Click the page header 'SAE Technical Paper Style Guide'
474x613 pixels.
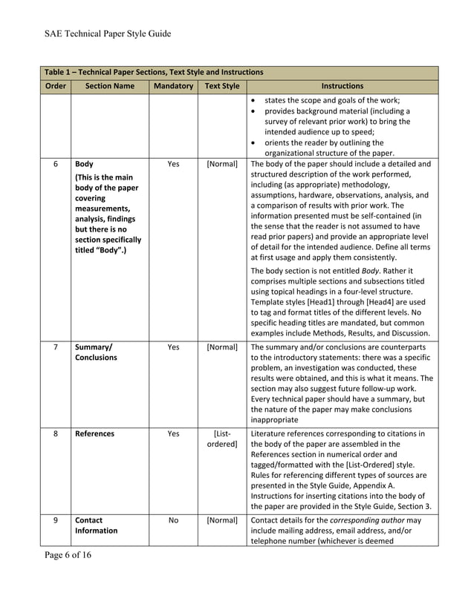(x=108, y=33)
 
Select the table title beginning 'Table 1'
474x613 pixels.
(x=154, y=73)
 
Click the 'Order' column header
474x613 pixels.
(x=55, y=86)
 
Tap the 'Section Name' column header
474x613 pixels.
(x=109, y=86)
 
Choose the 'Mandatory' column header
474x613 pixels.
(x=173, y=86)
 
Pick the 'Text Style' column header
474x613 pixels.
(x=222, y=86)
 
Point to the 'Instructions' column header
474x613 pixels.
(x=342, y=86)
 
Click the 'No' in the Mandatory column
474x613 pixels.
(x=173, y=520)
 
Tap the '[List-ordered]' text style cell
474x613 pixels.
(x=222, y=439)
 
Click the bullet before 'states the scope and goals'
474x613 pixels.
(x=255, y=100)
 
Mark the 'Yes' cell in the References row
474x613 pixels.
(x=173, y=433)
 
